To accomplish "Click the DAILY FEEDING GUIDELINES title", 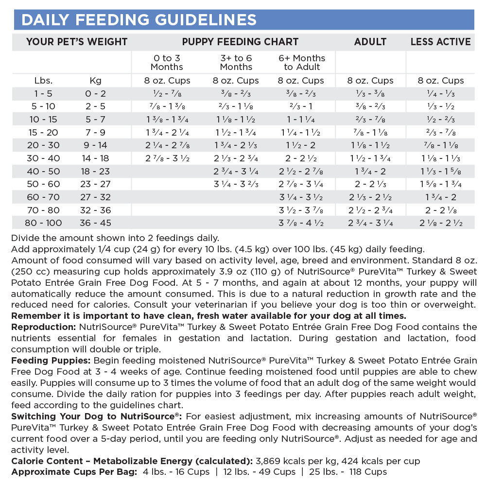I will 139,20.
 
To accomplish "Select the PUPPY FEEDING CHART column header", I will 240,42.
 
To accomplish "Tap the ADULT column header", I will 370,42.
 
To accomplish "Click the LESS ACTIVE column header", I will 440,42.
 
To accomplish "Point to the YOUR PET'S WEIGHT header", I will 77,42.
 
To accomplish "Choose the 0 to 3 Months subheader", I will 167,62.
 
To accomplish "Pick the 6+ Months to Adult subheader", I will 302,62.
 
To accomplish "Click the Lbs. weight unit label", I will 44,81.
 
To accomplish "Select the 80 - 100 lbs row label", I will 44,223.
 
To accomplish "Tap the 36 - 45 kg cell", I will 96,223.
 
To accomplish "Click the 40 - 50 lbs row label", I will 44,171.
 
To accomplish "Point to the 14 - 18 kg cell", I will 96,158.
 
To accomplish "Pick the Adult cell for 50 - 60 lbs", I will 370,184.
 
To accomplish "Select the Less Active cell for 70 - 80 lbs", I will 440,210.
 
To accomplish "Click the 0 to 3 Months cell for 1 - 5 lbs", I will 167,93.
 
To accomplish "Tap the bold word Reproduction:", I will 42,327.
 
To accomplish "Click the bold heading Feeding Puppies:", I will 51,361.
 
